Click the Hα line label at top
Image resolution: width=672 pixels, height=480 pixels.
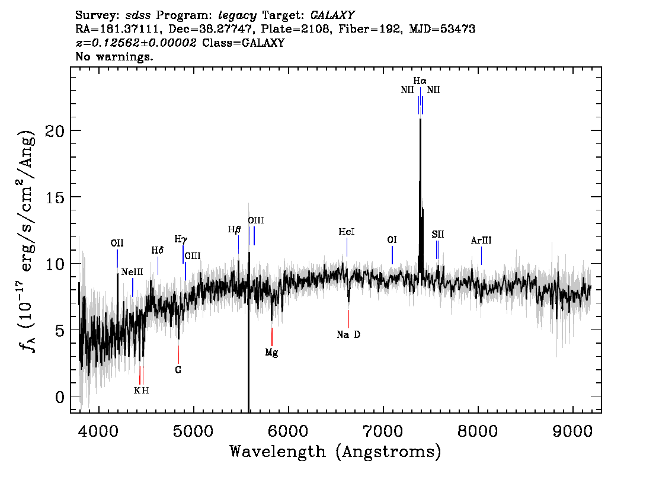(420, 81)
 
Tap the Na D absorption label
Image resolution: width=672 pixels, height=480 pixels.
(348, 334)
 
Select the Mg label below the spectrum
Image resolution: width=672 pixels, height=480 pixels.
(272, 353)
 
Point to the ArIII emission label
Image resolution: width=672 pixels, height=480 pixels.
(481, 241)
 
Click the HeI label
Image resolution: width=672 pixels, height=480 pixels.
(346, 232)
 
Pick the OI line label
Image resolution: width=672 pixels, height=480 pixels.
(392, 239)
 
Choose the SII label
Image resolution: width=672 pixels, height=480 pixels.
(437, 235)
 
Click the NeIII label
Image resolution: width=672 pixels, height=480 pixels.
(132, 272)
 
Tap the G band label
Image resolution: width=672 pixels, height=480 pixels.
(178, 369)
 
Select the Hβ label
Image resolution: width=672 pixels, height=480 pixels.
(234, 230)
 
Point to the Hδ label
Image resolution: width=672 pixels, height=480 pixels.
(157, 250)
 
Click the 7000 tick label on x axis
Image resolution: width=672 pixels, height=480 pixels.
(383, 431)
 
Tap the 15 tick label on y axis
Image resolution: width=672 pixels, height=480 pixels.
(55, 197)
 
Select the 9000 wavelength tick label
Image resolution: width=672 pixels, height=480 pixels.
(572, 431)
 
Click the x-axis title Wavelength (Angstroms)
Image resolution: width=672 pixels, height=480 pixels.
(335, 452)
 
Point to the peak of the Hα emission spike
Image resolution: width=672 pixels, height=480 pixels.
(420, 119)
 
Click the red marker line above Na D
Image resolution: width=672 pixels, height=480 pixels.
(348, 319)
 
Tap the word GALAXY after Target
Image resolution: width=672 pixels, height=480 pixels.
(332, 15)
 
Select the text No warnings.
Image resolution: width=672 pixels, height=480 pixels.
(114, 56)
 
